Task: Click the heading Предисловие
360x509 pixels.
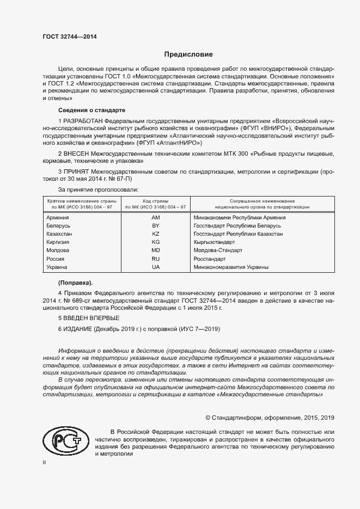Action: [x=189, y=54]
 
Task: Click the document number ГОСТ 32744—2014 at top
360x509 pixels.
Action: [x=70, y=37]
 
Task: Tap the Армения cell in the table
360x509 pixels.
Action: [x=58, y=217]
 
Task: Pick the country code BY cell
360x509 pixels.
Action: [x=155, y=225]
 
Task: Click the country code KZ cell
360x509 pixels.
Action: [x=155, y=234]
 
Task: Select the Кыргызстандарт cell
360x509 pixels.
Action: [x=214, y=242]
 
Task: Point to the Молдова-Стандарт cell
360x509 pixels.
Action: [x=218, y=250]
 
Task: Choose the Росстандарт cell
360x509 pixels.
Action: [x=210, y=259]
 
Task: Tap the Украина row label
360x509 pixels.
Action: [x=57, y=267]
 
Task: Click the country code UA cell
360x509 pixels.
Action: [x=155, y=267]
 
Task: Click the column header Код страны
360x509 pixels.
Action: [x=155, y=201]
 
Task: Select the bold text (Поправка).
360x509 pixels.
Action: [x=76, y=283]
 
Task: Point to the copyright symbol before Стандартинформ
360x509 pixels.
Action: [x=208, y=418]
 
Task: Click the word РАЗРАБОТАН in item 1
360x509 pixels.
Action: [x=83, y=119]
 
